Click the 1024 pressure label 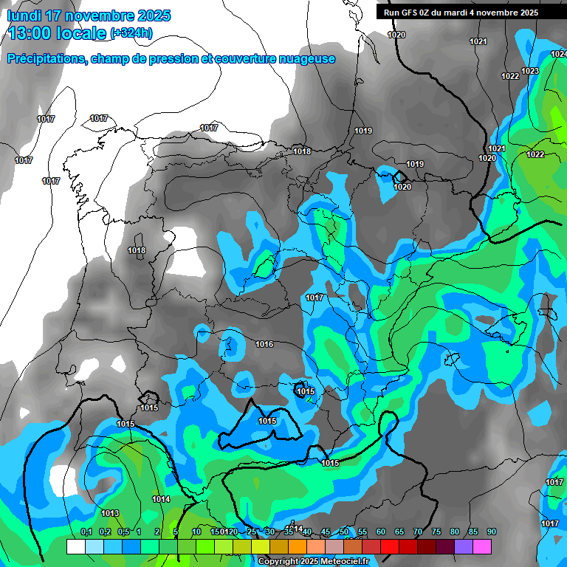(x=559, y=54)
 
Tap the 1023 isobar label (x=529, y=71)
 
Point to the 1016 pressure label (x=264, y=344)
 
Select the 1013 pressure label (x=110, y=513)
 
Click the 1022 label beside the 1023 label (x=509, y=76)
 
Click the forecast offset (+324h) (x=132, y=33)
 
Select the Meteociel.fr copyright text (x=313, y=561)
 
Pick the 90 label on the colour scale (x=491, y=532)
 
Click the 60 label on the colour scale (x=381, y=532)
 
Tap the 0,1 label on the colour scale (x=86, y=532)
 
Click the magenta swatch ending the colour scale (x=482, y=546)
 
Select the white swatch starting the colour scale (x=75, y=546)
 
